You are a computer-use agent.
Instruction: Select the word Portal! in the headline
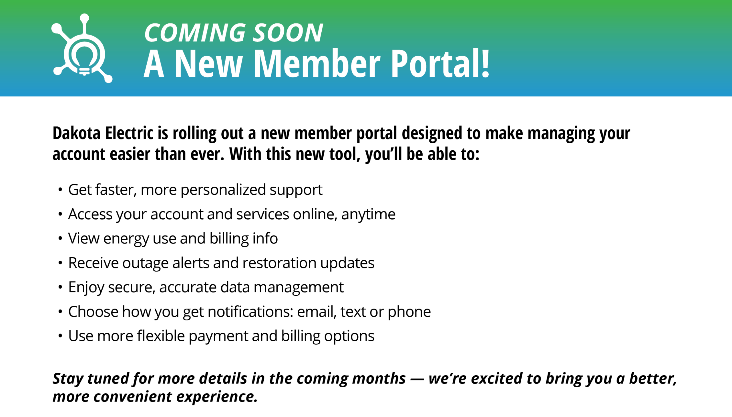[x=440, y=63]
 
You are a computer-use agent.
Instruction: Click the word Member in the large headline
[x=317, y=63]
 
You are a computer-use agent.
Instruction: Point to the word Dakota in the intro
[x=77, y=133]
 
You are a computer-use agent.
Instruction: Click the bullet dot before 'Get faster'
[x=60, y=189]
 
